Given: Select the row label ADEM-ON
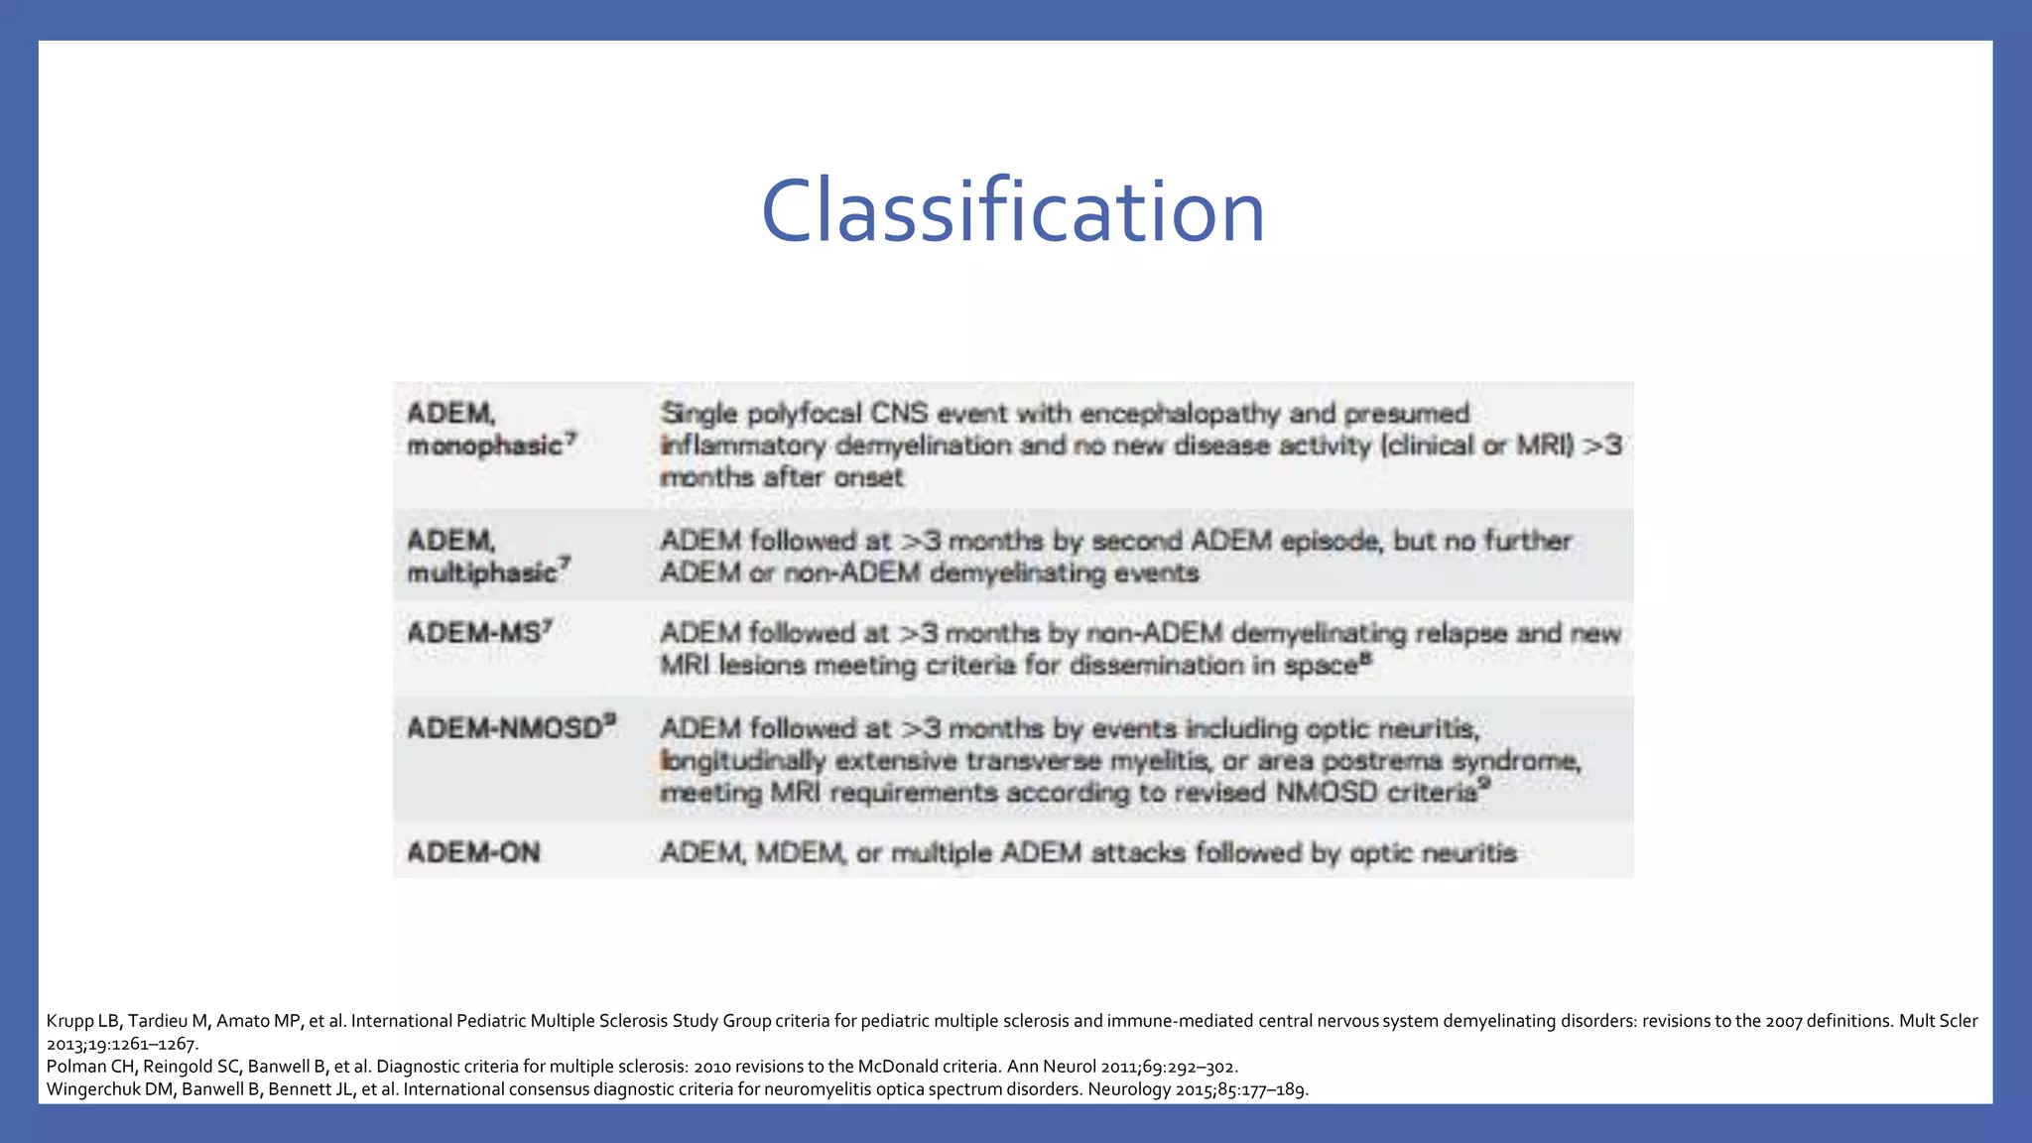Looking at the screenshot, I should [473, 852].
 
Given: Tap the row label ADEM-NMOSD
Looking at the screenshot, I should [506, 728].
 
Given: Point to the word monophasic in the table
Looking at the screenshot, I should [485, 445].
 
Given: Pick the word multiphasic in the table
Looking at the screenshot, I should [482, 572].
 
